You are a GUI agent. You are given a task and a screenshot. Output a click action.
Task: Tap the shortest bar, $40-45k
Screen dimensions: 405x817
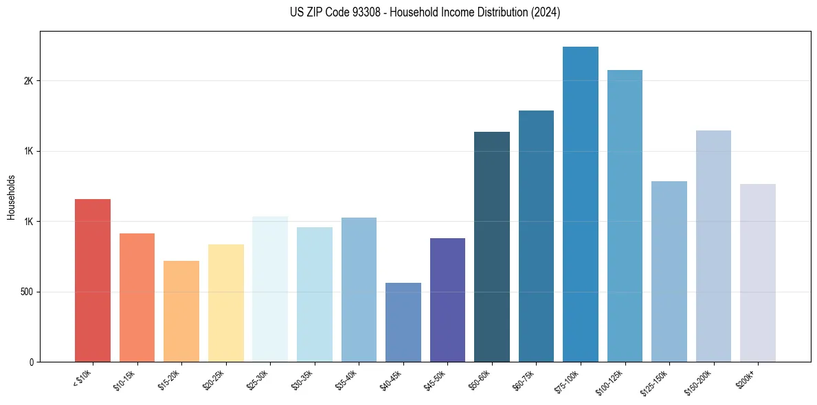pyautogui.click(x=403, y=322)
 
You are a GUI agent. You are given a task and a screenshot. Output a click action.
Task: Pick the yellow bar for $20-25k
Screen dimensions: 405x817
pyautogui.click(x=226, y=303)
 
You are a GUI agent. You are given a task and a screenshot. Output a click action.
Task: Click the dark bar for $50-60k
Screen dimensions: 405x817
pyautogui.click(x=492, y=246)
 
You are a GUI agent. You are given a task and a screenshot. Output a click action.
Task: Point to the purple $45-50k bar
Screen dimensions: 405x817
pyautogui.click(x=447, y=299)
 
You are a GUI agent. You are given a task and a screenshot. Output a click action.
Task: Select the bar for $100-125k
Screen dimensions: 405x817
pyautogui.click(x=625, y=216)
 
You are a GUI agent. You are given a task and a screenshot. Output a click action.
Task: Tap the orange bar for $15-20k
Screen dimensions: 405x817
pyautogui.click(x=181, y=311)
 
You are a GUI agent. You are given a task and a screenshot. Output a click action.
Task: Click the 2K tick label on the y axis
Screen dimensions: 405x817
pyautogui.click(x=28, y=81)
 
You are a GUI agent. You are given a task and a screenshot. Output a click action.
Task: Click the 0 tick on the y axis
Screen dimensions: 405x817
pyautogui.click(x=32, y=362)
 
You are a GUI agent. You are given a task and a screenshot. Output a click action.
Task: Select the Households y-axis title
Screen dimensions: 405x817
pyautogui.click(x=11, y=197)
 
